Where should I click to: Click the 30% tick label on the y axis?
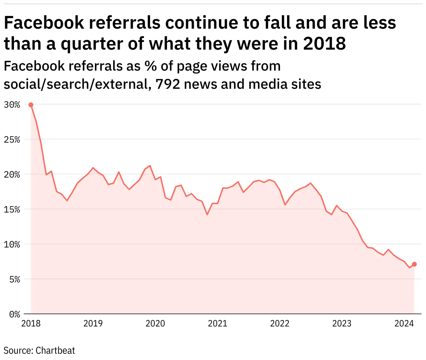click(x=12, y=105)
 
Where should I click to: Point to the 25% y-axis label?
click(x=12, y=139)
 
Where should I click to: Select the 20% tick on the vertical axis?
click(x=12, y=174)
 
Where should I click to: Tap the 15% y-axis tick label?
click(x=12, y=209)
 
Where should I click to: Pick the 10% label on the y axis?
click(x=12, y=244)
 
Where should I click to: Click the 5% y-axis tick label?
click(x=14, y=279)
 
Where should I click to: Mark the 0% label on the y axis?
click(x=14, y=314)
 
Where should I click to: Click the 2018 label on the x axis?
click(x=31, y=324)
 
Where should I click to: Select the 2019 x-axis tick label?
click(x=93, y=324)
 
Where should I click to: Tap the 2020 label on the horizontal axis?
click(x=155, y=324)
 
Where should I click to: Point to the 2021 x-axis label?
click(x=218, y=324)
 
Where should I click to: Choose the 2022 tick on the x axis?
click(x=280, y=324)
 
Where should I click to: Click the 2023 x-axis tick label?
click(x=342, y=324)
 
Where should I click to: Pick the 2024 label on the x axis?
click(x=404, y=324)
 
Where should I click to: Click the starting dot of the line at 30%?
click(x=31, y=105)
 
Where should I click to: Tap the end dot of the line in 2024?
click(x=414, y=264)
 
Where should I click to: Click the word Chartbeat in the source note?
click(x=55, y=350)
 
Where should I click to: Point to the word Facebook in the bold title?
click(x=44, y=23)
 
